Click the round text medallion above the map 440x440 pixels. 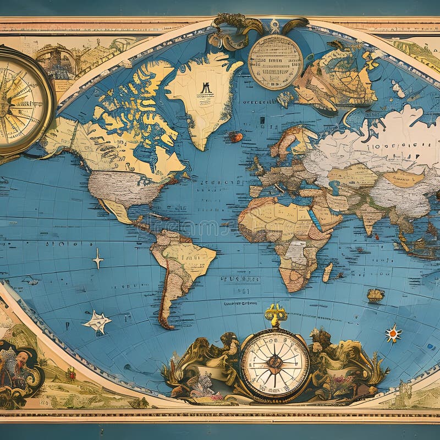tap(275, 62)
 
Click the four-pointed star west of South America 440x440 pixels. tap(98, 258)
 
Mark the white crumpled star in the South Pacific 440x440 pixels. tap(97, 322)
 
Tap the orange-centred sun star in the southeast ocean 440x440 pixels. tap(393, 333)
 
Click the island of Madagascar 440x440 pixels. tap(328, 272)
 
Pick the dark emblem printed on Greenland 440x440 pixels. tap(205, 88)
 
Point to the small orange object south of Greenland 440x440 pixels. tap(235, 137)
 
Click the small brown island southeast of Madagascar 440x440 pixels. tap(376, 295)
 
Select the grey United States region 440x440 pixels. tap(127, 187)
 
